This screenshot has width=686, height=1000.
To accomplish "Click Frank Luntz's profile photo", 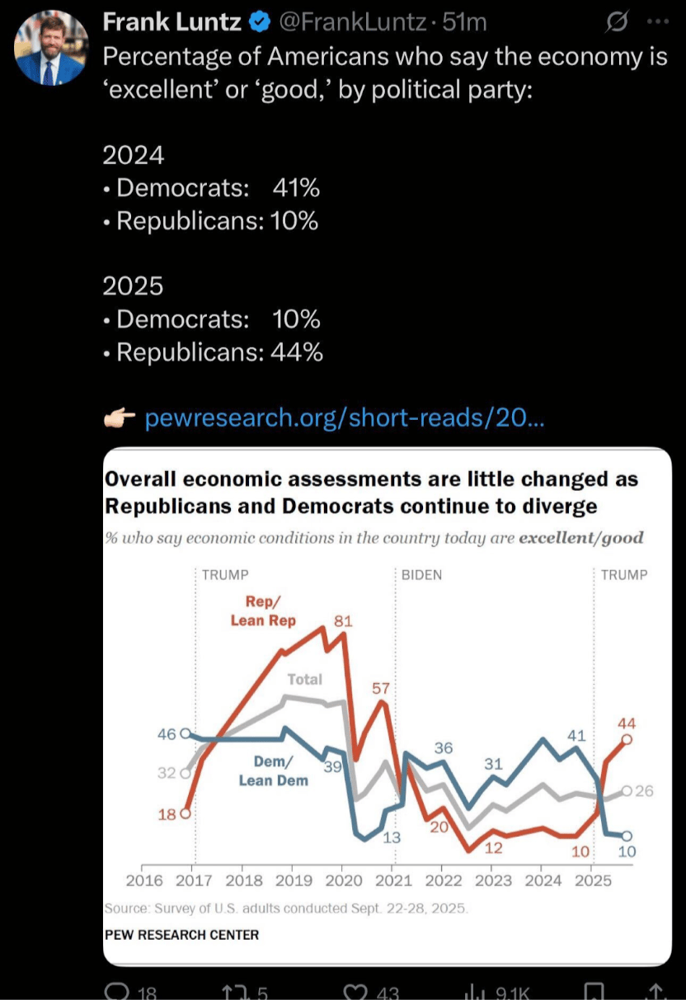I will tap(50, 50).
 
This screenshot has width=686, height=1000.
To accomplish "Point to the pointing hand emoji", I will tap(119, 418).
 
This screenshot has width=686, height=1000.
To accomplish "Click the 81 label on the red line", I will tap(343, 620).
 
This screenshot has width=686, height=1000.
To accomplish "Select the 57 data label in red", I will tap(380, 687).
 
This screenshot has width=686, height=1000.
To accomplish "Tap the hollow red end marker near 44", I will tap(627, 740).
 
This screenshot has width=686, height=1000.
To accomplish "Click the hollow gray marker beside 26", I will tap(627, 791).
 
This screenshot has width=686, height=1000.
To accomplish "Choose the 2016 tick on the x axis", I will tap(144, 880).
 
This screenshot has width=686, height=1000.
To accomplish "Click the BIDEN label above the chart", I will tap(421, 575).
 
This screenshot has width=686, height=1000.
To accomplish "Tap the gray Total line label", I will tap(304, 679).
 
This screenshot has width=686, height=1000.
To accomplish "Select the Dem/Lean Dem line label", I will tap(273, 771).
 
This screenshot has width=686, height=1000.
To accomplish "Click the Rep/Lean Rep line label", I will tap(263, 611).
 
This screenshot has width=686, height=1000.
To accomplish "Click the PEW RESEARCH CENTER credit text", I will tap(181, 935).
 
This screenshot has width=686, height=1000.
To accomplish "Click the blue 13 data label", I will tap(391, 837).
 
